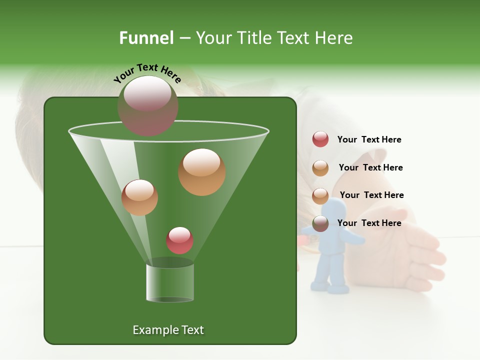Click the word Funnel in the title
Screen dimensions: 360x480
pyautogui.click(x=146, y=37)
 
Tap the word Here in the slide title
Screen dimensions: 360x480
pyautogui.click(x=331, y=37)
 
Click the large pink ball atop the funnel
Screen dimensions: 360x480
pyautogui.click(x=147, y=105)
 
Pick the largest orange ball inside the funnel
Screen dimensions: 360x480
pyautogui.click(x=201, y=171)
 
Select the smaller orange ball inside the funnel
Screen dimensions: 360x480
pyautogui.click(x=139, y=197)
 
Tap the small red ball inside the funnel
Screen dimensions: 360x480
pyautogui.click(x=179, y=240)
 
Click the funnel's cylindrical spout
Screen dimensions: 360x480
pyautogui.click(x=169, y=283)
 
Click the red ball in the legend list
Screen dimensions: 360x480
pyautogui.click(x=320, y=139)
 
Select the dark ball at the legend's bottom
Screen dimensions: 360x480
pyautogui.click(x=320, y=223)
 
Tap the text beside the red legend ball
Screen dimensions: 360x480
pyautogui.click(x=369, y=140)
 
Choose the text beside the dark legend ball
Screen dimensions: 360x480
pyautogui.click(x=369, y=223)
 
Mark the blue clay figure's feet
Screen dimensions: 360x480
pyautogui.click(x=330, y=286)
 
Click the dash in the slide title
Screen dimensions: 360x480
pyautogui.click(x=184, y=37)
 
